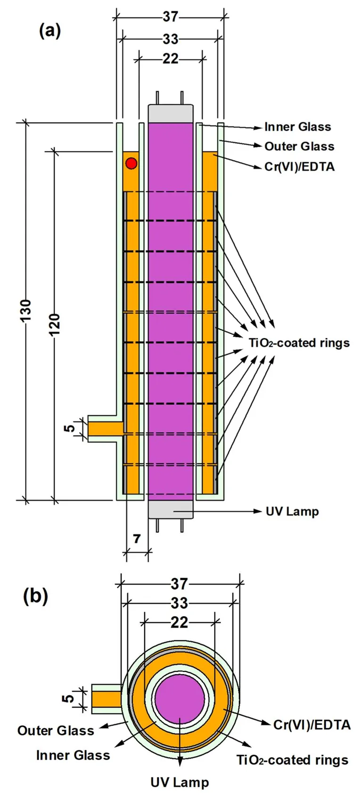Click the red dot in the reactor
[132, 164]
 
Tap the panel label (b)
[36, 596]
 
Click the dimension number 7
[137, 538]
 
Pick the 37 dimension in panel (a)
[171, 17]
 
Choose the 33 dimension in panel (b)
[179, 603]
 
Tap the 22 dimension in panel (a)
[171, 59]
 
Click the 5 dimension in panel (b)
[69, 697]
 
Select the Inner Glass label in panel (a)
[297, 127]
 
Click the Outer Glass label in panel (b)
[56, 731]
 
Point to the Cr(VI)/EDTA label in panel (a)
[299, 167]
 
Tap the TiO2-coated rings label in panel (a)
[299, 343]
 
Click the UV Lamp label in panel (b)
[180, 783]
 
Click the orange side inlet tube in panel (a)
[105, 428]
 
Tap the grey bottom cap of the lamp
[171, 510]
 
